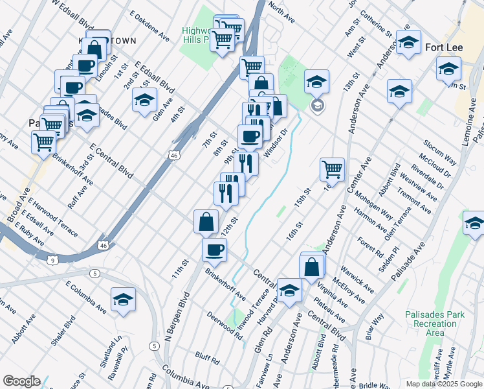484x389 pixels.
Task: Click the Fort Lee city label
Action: [x=443, y=47]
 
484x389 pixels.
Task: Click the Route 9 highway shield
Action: [x=57, y=259]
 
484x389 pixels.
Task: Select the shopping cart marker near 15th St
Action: [x=332, y=169]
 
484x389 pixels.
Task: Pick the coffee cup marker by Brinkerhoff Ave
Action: [x=214, y=249]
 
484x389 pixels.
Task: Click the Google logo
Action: [x=21, y=381]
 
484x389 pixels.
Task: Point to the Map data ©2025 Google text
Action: [x=444, y=384]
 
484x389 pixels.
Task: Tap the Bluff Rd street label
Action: [x=208, y=356]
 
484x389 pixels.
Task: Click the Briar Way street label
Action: [x=375, y=325]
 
